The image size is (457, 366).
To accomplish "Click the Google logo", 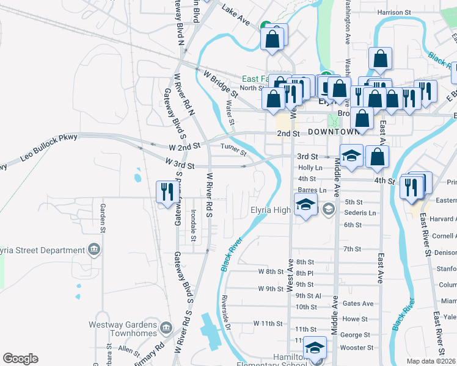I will pyautogui.click(x=20, y=359).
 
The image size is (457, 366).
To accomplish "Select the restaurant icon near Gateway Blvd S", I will pyautogui.click(x=164, y=192).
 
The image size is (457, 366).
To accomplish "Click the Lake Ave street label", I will pyautogui.click(x=236, y=15).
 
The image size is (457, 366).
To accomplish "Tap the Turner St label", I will pyautogui.click(x=233, y=148).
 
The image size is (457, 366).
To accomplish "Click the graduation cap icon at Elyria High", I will pyautogui.click(x=305, y=204).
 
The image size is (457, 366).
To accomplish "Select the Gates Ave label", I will pyautogui.click(x=358, y=303).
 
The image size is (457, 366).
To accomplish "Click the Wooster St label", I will pyautogui.click(x=356, y=348).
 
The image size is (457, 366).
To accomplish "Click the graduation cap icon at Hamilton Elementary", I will pyautogui.click(x=315, y=348).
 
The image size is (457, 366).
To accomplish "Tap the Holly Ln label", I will pyautogui.click(x=310, y=167).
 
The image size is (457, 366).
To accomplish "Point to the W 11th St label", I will pyautogui.click(x=269, y=323).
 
